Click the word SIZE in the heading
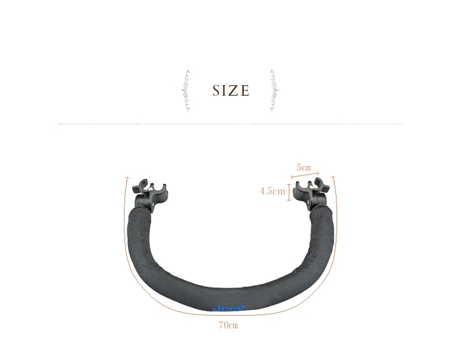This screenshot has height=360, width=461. tap(231, 90)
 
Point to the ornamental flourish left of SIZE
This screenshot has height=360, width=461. tap(186, 90)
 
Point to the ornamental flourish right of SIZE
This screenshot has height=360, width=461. tap(274, 90)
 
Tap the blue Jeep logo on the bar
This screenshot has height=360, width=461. tap(228, 308)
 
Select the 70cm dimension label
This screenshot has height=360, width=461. tap(228, 325)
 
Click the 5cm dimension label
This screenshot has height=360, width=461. tap(304, 168)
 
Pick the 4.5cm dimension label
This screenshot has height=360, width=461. tap(273, 191)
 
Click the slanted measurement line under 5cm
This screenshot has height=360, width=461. tap(305, 175)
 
